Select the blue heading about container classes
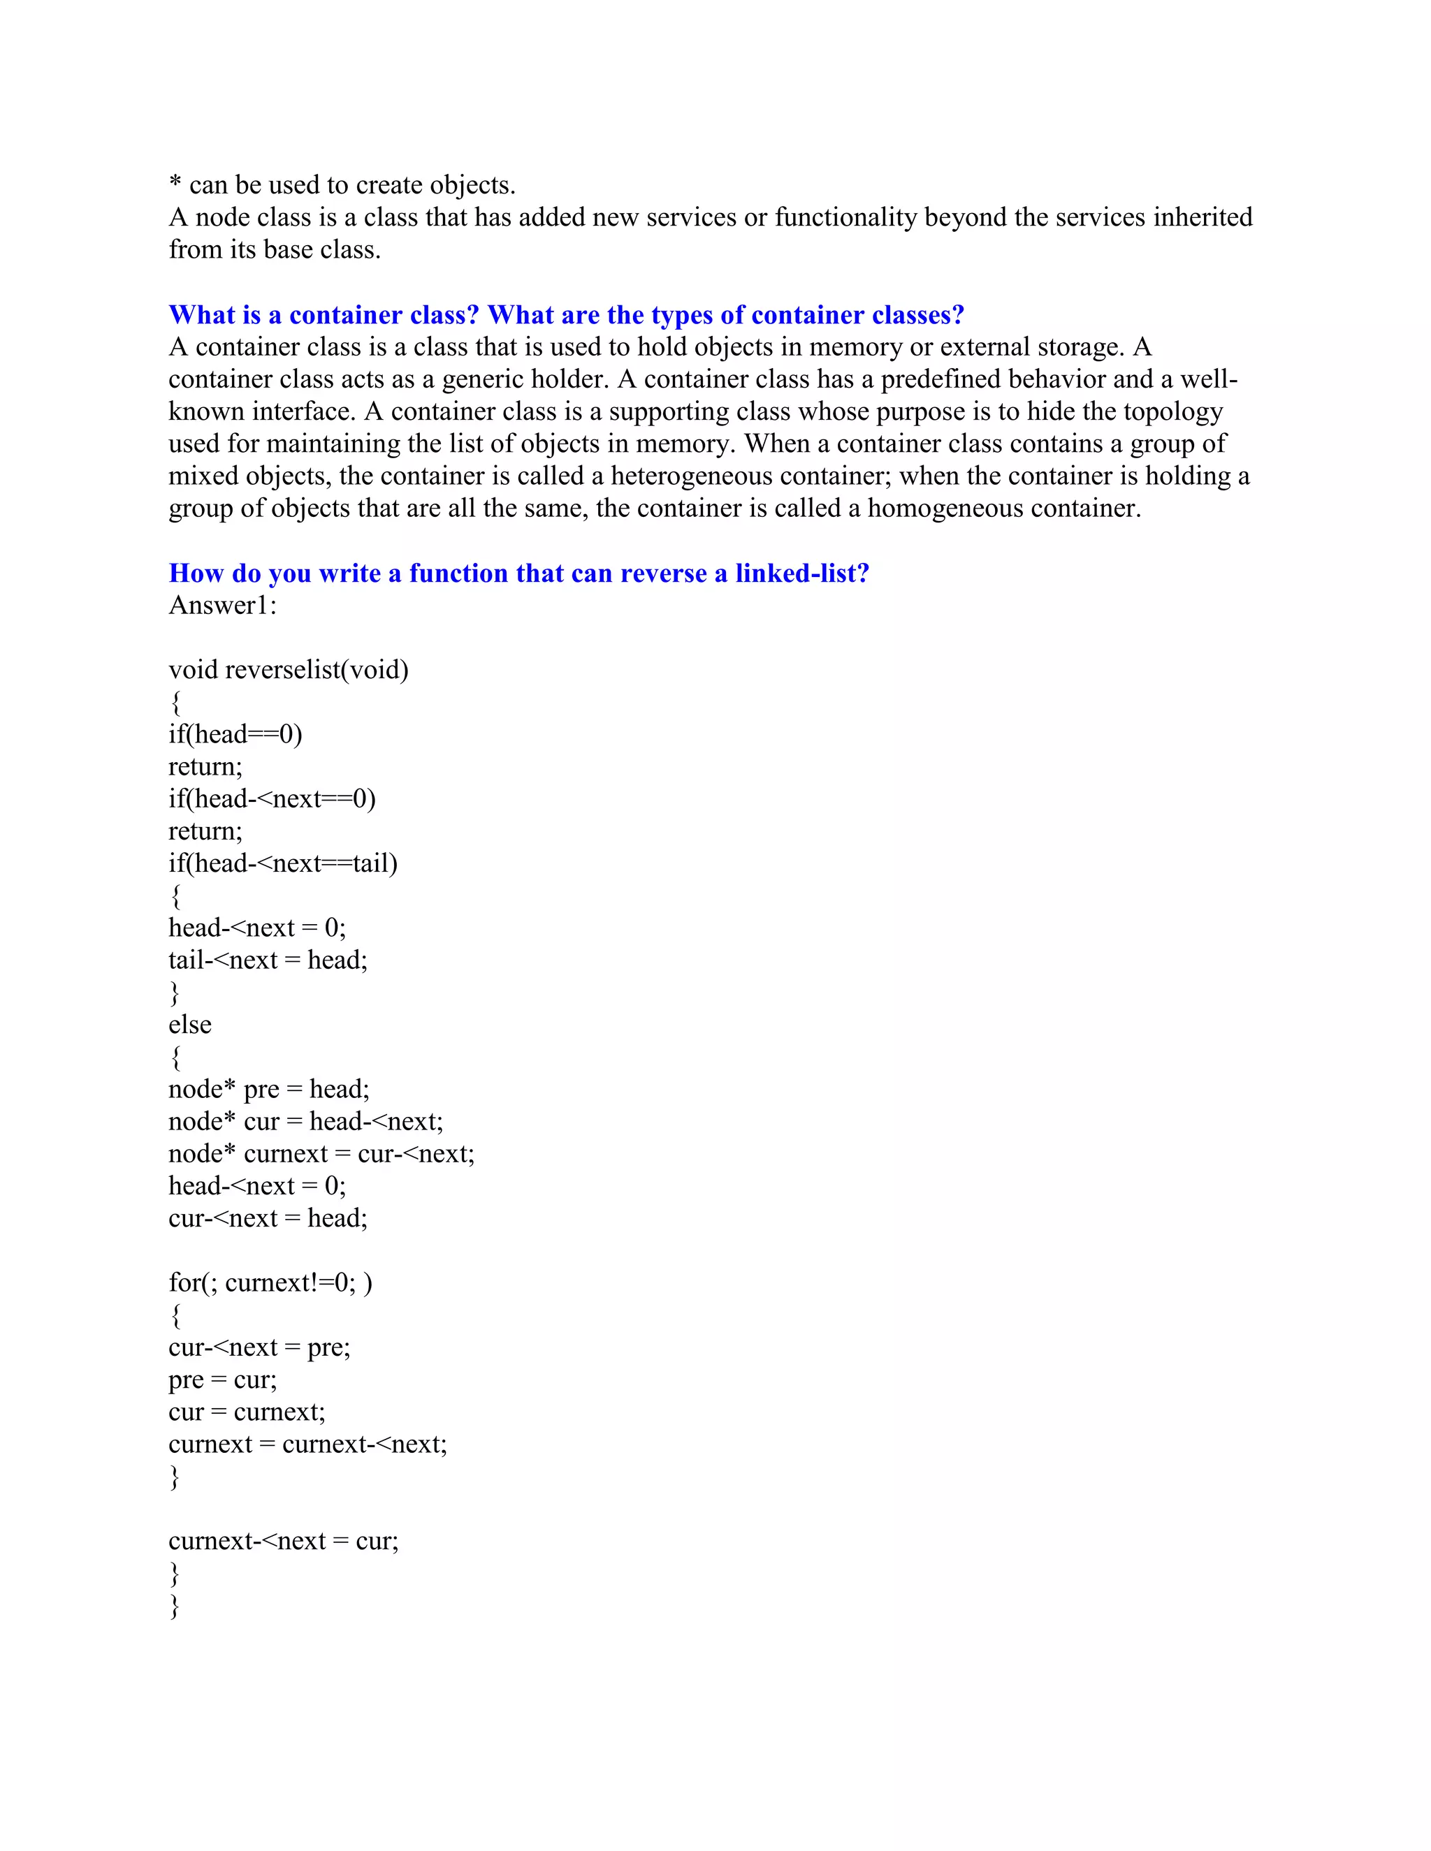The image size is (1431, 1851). (x=566, y=315)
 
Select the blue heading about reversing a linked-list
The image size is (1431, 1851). (x=519, y=573)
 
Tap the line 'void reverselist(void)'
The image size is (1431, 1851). (x=289, y=671)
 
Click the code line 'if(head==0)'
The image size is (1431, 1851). (x=235, y=735)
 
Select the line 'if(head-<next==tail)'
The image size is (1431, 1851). (x=282, y=863)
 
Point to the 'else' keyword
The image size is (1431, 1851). (x=190, y=1025)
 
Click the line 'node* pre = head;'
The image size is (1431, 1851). (x=269, y=1089)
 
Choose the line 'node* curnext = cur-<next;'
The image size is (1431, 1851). (x=321, y=1155)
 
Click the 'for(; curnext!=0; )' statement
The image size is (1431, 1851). (x=270, y=1283)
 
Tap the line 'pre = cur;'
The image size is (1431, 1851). (x=223, y=1380)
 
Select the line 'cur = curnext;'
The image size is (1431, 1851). (x=247, y=1412)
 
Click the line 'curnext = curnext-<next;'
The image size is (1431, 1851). (x=307, y=1444)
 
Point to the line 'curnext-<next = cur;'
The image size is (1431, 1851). (x=283, y=1541)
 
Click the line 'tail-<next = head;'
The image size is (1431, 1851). (x=268, y=960)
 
